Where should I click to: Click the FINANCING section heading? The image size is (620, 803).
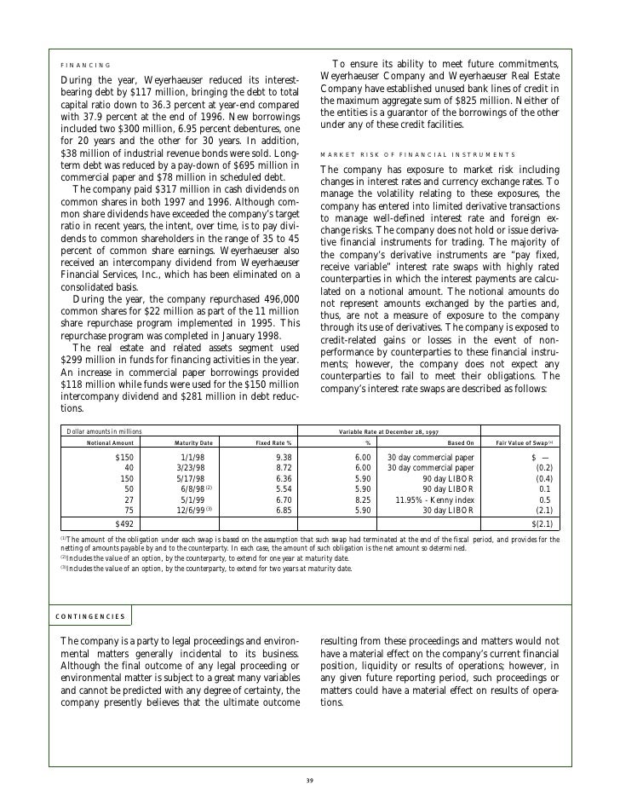click(85, 65)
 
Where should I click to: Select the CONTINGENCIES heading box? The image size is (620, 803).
click(89, 615)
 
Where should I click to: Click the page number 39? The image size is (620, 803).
click(310, 783)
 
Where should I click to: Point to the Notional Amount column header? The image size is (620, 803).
click(111, 442)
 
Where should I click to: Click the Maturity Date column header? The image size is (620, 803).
click(193, 442)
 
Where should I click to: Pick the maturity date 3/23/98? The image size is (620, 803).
click(191, 468)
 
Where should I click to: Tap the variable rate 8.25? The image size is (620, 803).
click(362, 500)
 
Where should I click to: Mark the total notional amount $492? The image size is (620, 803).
click(123, 523)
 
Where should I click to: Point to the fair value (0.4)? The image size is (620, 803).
click(542, 479)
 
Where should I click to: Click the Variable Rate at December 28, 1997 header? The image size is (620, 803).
click(377, 431)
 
